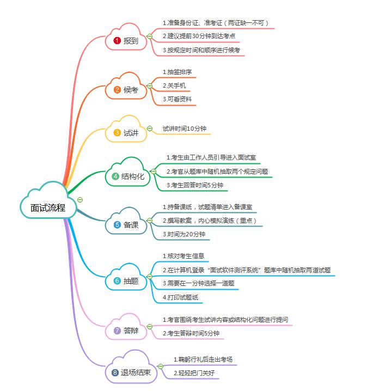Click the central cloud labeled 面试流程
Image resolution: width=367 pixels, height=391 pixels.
coord(48,207)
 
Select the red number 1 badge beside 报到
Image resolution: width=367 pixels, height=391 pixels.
coord(117,41)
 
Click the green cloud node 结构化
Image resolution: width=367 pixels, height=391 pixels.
coord(127,176)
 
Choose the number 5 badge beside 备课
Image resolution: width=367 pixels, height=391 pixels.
coord(117,224)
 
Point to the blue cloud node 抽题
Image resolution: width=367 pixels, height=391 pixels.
coord(126,281)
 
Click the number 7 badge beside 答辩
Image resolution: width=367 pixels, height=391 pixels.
coord(117,330)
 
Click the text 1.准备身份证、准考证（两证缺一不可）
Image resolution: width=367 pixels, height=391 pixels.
coord(216,23)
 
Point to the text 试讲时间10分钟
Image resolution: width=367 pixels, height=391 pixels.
coord(185,129)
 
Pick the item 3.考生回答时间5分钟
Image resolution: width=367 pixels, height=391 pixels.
coord(194,185)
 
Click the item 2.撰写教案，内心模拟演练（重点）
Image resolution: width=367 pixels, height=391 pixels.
coord(209,221)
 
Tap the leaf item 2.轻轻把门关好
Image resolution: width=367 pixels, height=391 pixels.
coord(195,373)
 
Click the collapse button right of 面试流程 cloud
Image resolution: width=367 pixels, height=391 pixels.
coord(80,200)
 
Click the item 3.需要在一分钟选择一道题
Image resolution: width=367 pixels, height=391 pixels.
coord(198,283)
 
